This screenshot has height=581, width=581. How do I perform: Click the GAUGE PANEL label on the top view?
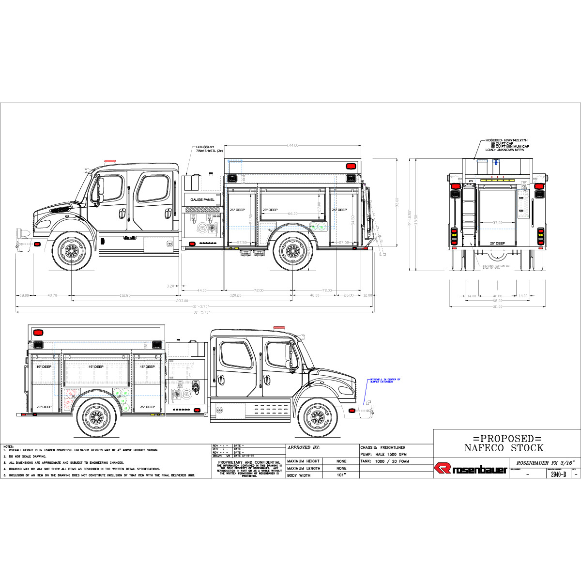(202, 199)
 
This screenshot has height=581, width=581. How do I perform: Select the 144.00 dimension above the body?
(292, 145)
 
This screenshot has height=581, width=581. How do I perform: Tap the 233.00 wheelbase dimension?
(182, 301)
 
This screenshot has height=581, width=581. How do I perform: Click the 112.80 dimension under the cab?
(125, 295)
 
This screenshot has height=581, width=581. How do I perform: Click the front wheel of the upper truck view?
(72, 250)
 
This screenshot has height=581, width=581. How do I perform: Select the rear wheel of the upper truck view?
(292, 250)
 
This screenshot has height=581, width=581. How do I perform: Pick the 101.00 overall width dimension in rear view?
(497, 306)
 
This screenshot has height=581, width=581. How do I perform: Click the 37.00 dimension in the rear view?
(497, 223)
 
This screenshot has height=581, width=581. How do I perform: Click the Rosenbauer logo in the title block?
(470, 469)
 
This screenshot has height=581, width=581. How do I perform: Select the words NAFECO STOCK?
(504, 448)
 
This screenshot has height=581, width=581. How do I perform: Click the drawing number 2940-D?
(558, 474)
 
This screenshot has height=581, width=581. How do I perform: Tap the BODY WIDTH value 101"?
(341, 475)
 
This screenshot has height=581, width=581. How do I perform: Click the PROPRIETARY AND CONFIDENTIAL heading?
(249, 462)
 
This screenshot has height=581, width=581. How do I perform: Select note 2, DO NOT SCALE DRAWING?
(27, 456)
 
